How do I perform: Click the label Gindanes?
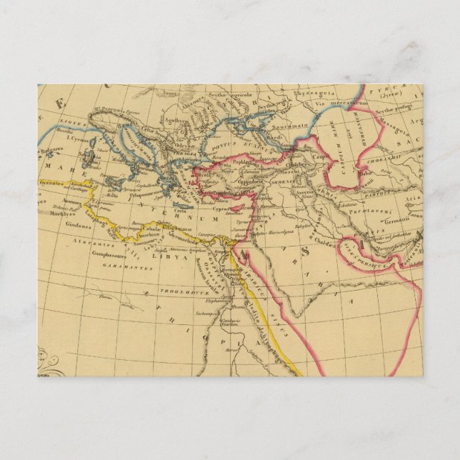click(61, 223)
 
